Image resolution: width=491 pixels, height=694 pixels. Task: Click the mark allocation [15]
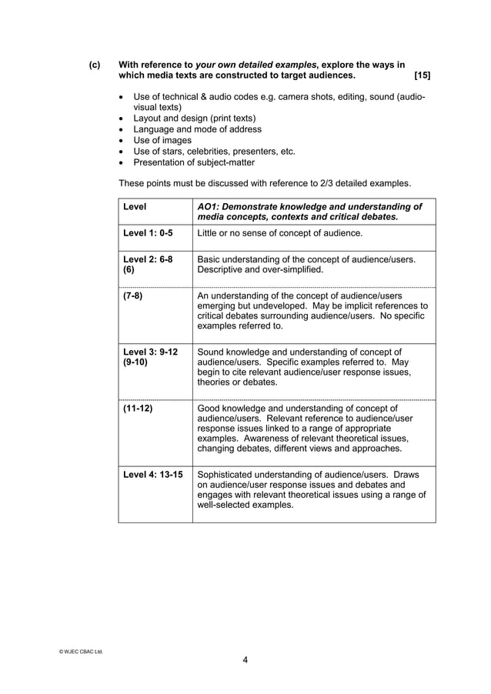pos(422,77)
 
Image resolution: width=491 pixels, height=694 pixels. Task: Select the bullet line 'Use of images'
pos(162,141)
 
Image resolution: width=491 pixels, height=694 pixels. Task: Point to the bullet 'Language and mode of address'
pos(197,130)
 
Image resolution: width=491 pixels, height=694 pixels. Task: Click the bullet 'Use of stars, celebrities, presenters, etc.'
pos(214,152)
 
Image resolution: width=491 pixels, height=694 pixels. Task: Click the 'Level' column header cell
pos(135,206)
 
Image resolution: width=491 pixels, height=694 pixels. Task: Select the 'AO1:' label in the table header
pos(210,206)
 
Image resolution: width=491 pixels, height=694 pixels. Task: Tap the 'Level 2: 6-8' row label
pos(148,259)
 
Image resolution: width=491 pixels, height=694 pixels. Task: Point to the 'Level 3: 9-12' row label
pos(150,352)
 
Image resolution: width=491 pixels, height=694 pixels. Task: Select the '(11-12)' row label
pos(138,409)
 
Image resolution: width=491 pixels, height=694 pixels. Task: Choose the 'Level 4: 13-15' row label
pos(152,475)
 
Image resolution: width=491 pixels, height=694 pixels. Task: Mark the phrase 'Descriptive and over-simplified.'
pos(261,270)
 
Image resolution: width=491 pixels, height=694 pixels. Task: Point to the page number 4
pos(245,659)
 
